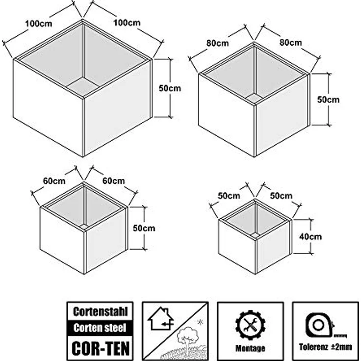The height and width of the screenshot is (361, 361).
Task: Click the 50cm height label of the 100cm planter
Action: pyautogui.click(x=170, y=88)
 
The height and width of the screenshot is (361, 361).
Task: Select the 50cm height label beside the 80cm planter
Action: pyautogui.click(x=328, y=100)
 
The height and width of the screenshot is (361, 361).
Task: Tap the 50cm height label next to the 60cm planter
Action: pyautogui.click(x=144, y=228)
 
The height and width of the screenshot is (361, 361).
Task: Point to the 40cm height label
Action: pyautogui.click(x=310, y=236)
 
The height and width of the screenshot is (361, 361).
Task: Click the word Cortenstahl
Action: pyautogui.click(x=100, y=311)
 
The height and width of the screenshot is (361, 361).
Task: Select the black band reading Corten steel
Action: pyautogui.click(x=100, y=328)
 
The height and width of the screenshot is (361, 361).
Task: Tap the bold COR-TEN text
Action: pyautogui.click(x=101, y=348)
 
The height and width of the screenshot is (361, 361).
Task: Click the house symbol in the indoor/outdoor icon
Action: pyautogui.click(x=160, y=319)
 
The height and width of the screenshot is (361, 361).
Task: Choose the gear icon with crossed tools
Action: pyautogui.click(x=250, y=325)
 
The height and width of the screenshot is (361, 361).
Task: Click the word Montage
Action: pyautogui.click(x=250, y=348)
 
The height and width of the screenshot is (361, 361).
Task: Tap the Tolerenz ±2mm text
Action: pyautogui.click(x=325, y=347)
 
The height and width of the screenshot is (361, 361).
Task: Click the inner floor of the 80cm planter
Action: pyautogui.click(x=254, y=98)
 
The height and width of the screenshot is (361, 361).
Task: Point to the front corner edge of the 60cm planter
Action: pyautogui.click(x=84, y=252)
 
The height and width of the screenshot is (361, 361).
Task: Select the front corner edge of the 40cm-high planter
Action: pyautogui.click(x=256, y=257)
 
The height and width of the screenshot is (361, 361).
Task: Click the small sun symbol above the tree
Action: pyautogui.click(x=200, y=322)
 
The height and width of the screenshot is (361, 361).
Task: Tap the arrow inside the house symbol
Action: pyautogui.click(x=166, y=324)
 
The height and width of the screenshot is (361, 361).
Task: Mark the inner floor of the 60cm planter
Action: pyautogui.click(x=84, y=226)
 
